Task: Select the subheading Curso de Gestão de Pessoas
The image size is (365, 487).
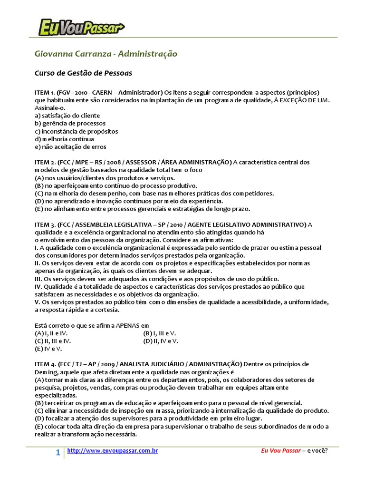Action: pyautogui.click(x=83, y=73)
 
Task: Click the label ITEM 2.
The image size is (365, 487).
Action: pyautogui.click(x=45, y=162)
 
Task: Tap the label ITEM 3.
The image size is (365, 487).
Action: pyautogui.click(x=45, y=224)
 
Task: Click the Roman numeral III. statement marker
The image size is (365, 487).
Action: pyautogui.click(x=38, y=279)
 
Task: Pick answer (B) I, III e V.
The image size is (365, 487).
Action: pyautogui.click(x=159, y=333)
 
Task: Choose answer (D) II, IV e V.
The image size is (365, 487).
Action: pyautogui.click(x=161, y=341)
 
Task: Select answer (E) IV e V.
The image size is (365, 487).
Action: pyautogui.click(x=48, y=349)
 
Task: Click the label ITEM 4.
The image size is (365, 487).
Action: pyautogui.click(x=45, y=364)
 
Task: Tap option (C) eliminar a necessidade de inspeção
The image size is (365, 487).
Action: pyautogui.click(x=182, y=410)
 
